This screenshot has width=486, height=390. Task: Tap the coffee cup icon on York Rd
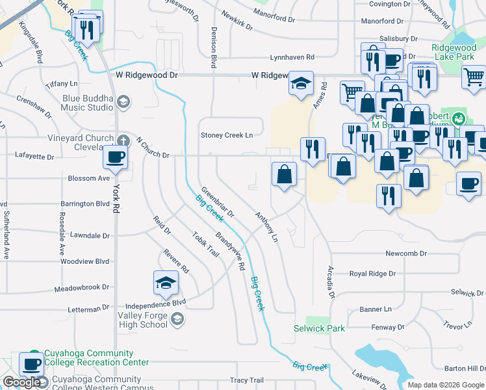tap(116, 157)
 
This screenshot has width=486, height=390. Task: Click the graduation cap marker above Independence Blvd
tap(166, 283)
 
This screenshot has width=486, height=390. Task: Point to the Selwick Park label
tap(319, 328)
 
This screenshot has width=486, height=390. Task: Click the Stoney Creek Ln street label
tap(226, 135)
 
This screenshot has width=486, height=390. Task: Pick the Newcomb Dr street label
tap(405, 253)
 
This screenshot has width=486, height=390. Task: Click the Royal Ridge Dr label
tap(372, 274)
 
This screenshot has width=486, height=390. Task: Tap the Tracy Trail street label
tap(247, 380)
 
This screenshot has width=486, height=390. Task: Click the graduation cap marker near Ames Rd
tap(301, 84)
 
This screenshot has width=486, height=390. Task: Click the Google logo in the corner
tap(21, 383)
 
